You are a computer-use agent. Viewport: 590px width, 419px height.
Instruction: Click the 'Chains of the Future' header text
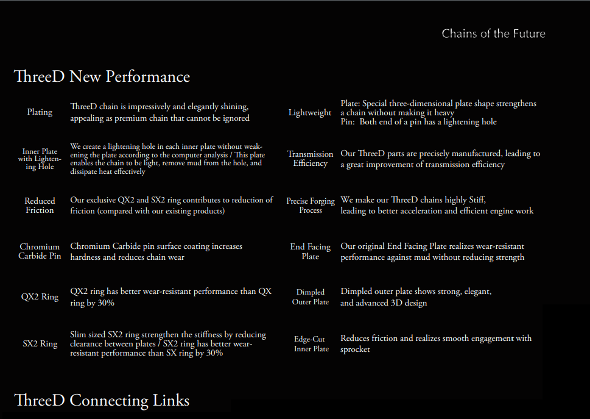click(x=493, y=34)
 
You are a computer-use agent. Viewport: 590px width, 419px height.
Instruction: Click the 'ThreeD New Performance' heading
click(x=102, y=77)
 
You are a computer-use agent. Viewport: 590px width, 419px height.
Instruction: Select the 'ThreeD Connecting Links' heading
click(x=102, y=400)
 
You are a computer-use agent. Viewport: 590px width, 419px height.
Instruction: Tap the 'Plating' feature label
click(x=40, y=112)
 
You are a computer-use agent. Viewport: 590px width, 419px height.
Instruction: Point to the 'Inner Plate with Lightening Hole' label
click(x=40, y=159)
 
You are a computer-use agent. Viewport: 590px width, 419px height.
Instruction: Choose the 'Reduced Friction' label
click(x=40, y=206)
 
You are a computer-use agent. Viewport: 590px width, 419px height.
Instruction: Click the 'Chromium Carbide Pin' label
click(x=40, y=251)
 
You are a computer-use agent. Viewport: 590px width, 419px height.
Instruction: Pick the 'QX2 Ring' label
click(x=40, y=297)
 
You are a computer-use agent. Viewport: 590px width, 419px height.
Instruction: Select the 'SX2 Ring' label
click(x=40, y=344)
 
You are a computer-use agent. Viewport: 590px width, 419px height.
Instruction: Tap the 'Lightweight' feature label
click(x=310, y=113)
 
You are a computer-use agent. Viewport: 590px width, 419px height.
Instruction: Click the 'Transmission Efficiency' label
click(x=311, y=159)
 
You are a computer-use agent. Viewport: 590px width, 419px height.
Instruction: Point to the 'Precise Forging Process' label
click(x=311, y=206)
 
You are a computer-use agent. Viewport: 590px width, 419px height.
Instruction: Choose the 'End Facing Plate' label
click(x=311, y=251)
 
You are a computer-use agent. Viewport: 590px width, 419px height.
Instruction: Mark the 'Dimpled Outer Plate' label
click(x=311, y=297)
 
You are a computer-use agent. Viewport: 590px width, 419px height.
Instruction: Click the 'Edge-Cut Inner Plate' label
click(x=311, y=344)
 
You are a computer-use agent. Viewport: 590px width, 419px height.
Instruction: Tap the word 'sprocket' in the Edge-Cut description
click(x=355, y=349)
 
